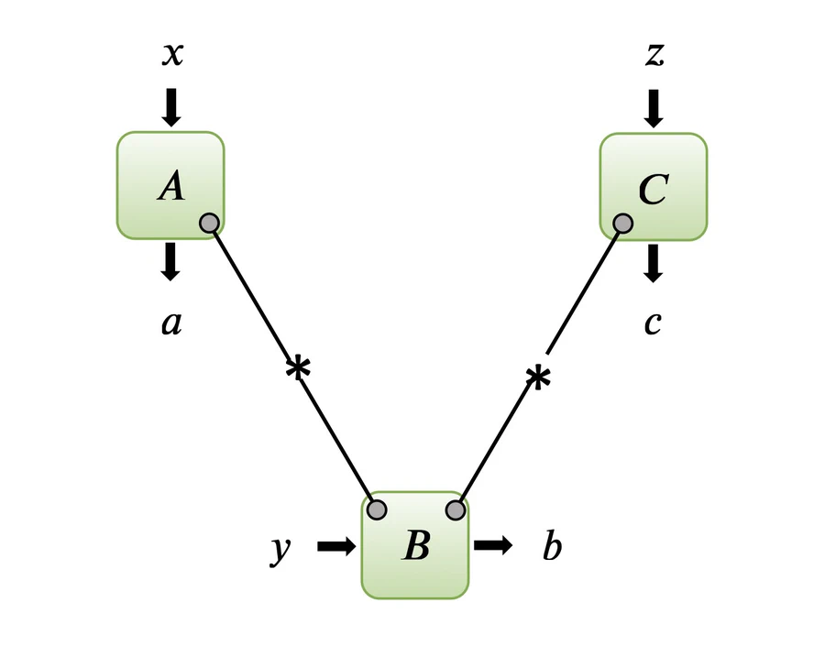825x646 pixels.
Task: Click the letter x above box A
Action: click(172, 55)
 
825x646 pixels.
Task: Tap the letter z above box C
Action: click(655, 55)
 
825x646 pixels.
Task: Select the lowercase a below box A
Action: click(171, 323)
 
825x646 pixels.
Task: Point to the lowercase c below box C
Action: click(653, 323)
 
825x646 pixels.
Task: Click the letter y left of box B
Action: click(280, 551)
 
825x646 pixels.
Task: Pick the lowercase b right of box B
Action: click(552, 546)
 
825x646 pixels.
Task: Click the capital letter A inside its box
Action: click(171, 187)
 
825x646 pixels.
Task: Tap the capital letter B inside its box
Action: click(417, 545)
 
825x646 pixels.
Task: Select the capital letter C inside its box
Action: click(654, 189)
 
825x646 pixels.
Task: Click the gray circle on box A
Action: click(209, 223)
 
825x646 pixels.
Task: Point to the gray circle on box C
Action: click(623, 224)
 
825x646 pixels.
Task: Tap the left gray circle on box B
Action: click(377, 509)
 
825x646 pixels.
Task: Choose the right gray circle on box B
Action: click(456, 509)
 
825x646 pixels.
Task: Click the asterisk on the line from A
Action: click(298, 368)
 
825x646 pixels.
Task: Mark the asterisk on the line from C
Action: click(538, 378)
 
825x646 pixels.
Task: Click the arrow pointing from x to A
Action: click(171, 107)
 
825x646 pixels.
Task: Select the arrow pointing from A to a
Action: click(170, 261)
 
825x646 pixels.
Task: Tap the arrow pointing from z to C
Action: click(654, 108)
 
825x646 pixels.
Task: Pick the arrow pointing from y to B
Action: click(336, 546)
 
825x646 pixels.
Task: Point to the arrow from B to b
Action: click(493, 545)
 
